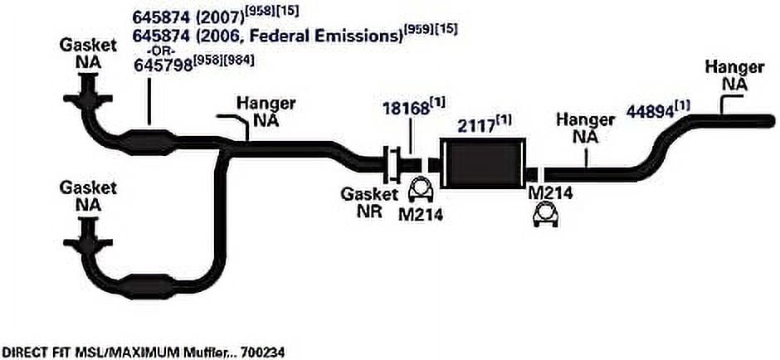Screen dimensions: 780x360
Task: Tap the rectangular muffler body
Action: (x=483, y=162)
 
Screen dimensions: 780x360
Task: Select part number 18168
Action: (x=406, y=109)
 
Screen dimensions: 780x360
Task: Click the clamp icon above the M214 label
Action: (x=420, y=191)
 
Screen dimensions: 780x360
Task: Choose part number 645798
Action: (x=163, y=66)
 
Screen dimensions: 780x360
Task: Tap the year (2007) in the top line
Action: (x=219, y=17)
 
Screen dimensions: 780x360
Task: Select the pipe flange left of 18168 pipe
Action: (x=392, y=163)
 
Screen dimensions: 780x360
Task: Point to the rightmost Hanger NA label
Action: (x=734, y=75)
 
